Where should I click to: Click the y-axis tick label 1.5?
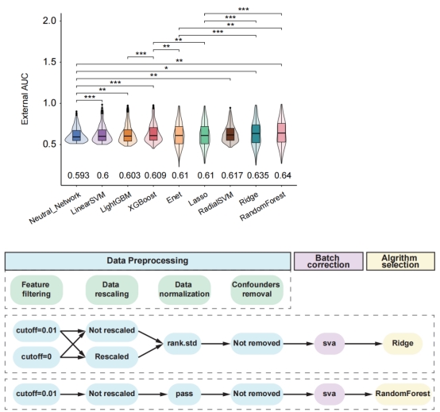click(49, 62)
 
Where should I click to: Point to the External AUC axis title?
click(25, 99)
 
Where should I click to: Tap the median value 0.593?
click(79, 175)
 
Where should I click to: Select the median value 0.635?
click(258, 175)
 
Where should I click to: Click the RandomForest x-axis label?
click(263, 206)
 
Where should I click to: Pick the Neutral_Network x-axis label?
click(55, 208)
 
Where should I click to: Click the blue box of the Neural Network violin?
click(76, 136)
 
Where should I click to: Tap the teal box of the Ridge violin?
click(256, 134)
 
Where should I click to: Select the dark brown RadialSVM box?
click(230, 134)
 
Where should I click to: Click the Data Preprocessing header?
click(148, 261)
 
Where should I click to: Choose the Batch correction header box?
click(328, 261)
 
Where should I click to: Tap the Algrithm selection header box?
click(400, 261)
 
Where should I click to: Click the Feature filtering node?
click(37, 290)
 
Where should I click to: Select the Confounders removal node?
click(257, 290)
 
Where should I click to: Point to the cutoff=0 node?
click(37, 356)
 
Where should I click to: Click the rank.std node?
click(182, 343)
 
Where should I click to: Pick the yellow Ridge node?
click(403, 343)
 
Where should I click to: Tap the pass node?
click(184, 394)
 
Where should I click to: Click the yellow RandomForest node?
click(403, 394)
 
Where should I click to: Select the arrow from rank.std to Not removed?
click(215, 344)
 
